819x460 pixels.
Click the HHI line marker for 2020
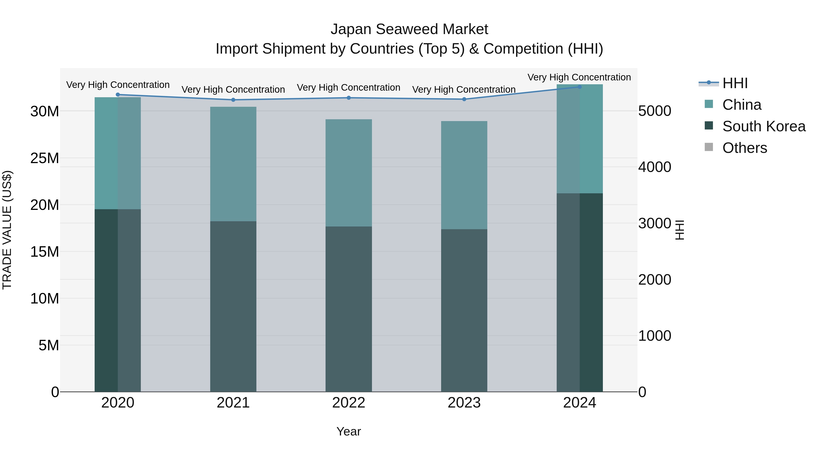(118, 94)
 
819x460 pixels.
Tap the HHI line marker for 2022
(349, 98)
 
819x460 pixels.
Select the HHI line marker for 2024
(579, 87)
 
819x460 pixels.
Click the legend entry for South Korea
(764, 126)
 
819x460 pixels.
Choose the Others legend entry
(745, 148)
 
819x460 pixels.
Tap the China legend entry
(741, 105)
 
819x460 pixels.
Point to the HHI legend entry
(735, 83)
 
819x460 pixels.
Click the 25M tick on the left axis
(45, 158)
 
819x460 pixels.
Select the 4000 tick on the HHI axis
(655, 167)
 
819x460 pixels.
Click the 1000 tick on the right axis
(655, 336)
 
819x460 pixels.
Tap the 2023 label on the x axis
(464, 403)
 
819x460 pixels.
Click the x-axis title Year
(349, 431)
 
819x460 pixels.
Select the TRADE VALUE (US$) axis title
(7, 230)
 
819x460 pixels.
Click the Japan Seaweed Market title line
(409, 29)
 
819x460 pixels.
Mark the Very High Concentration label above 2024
(579, 77)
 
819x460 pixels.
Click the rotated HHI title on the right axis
(679, 230)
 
